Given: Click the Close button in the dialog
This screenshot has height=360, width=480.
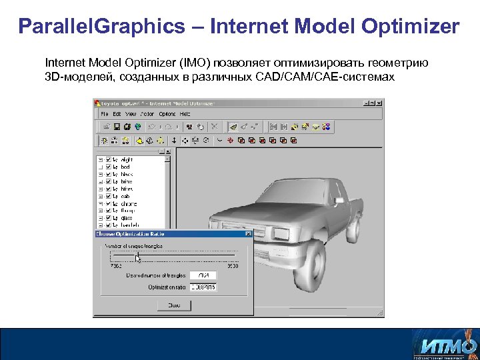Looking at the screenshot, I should click(174, 305).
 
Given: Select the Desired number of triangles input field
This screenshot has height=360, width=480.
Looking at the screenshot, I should click(203, 275).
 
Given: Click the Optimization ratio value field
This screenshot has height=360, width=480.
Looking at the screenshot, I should click(203, 287).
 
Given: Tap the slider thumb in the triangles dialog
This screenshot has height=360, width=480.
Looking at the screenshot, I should click(137, 257).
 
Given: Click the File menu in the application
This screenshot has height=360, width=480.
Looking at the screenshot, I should click(105, 114).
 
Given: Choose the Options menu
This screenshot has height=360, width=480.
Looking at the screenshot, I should click(167, 114).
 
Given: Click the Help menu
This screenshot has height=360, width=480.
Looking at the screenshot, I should click(185, 114).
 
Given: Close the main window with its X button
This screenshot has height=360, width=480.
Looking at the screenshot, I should click(379, 103).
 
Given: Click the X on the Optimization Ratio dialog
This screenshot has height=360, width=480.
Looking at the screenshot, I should click(248, 234).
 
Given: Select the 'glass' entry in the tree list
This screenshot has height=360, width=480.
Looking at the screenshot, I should click(127, 218).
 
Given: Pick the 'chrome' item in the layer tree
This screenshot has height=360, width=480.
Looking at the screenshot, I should click(129, 204).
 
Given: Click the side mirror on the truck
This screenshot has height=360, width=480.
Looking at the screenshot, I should click(339, 200).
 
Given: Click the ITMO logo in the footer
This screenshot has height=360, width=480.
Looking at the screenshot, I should click(445, 345).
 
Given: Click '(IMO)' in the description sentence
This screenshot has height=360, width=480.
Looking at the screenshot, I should click(193, 63).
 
